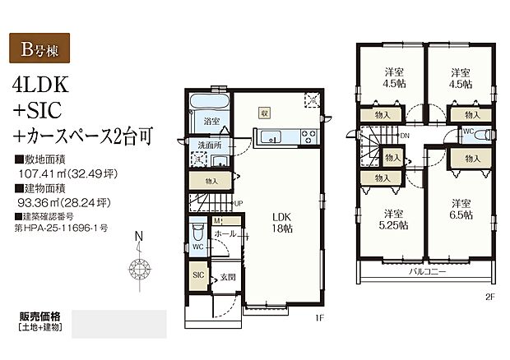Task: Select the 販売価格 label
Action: point(40,317)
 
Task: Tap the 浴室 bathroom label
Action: point(211,122)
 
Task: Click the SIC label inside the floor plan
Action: point(199,276)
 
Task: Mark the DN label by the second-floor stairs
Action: point(405,136)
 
